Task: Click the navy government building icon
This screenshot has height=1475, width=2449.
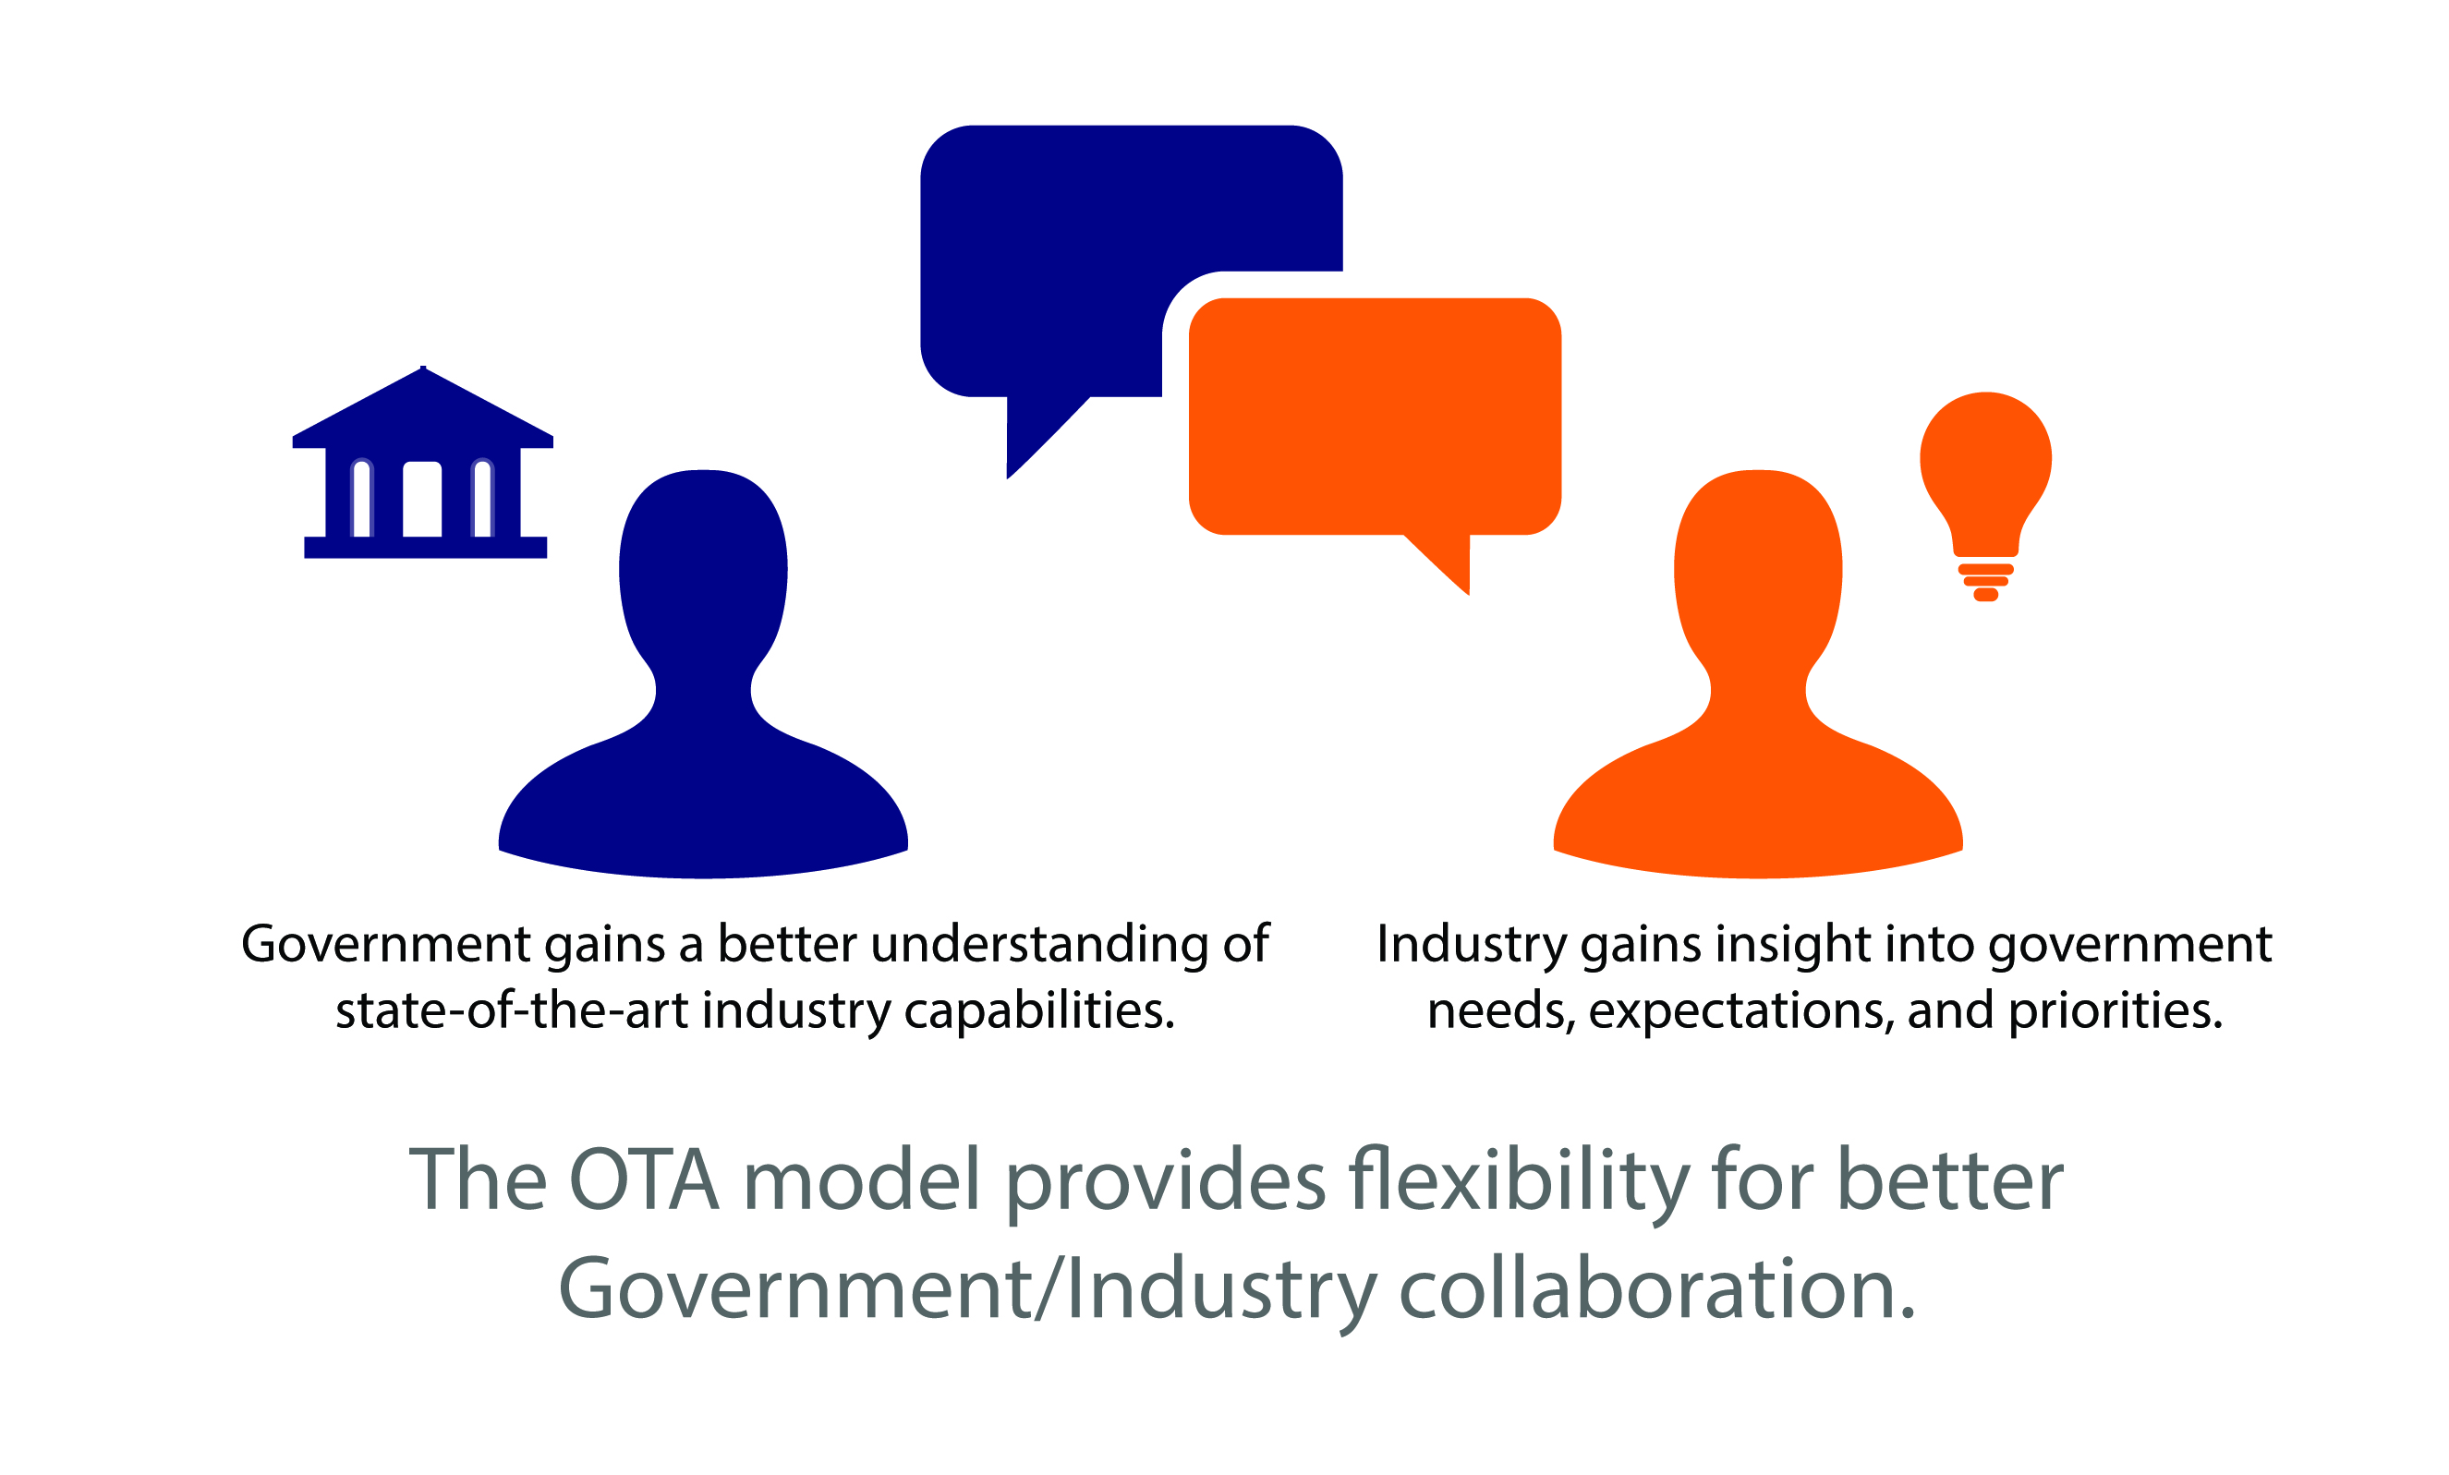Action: point(423,467)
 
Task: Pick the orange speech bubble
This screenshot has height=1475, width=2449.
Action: point(1375,417)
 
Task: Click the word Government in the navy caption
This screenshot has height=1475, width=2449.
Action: point(385,944)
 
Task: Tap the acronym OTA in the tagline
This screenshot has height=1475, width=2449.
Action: point(644,1179)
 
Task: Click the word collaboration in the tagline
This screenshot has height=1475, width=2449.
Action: point(1657,1289)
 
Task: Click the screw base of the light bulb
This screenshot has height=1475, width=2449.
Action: point(1985,583)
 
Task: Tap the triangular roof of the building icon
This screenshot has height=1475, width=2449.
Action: point(423,407)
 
